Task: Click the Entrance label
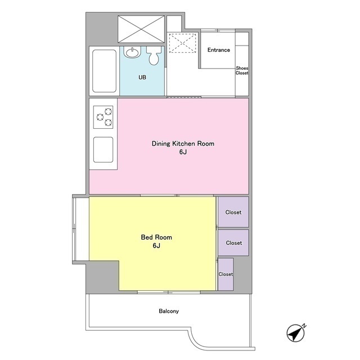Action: pos(219,50)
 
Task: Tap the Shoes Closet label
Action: pos(242,70)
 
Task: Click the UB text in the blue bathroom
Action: pos(142,78)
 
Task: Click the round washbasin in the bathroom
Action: pos(132,52)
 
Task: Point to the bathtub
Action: pos(104,71)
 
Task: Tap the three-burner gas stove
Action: pos(103,117)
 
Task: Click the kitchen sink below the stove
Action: pos(103,150)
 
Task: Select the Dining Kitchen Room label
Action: pos(183,144)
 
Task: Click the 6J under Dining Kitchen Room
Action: pos(183,152)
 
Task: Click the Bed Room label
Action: pos(156,237)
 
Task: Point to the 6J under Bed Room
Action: pos(156,246)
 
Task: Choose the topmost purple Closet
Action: pos(233,212)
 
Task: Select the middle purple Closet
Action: pos(233,242)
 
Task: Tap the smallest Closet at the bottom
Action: pos(226,274)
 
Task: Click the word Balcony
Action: pos(169,311)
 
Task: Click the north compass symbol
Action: pos(296,333)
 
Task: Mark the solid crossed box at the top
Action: pos(141,29)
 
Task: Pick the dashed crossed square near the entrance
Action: pos(183,43)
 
